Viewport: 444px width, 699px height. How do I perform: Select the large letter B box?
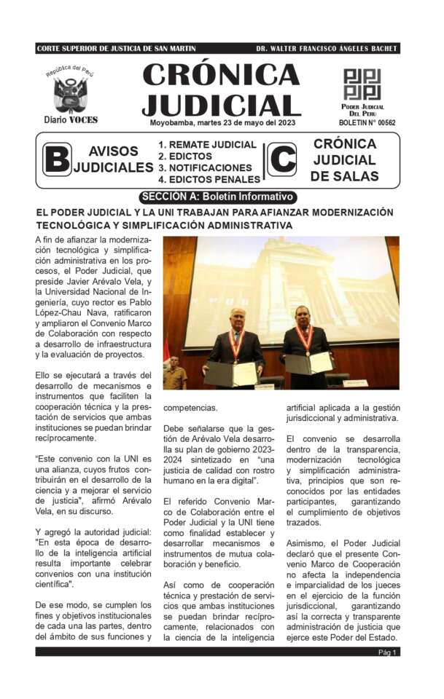point(57,159)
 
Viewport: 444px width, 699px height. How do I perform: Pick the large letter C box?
point(281,159)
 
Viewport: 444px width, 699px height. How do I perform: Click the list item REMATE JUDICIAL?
point(208,144)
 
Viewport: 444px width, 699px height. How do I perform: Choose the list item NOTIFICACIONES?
point(205,167)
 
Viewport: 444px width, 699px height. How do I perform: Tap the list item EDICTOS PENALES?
point(209,179)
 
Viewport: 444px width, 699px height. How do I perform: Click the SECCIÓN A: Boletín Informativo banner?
point(217,197)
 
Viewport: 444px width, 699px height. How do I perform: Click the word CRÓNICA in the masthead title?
point(220,75)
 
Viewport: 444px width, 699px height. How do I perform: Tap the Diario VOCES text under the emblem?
point(71,119)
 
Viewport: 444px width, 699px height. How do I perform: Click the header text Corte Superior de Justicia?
point(116,49)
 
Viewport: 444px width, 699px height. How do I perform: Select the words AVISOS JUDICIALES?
point(112,159)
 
